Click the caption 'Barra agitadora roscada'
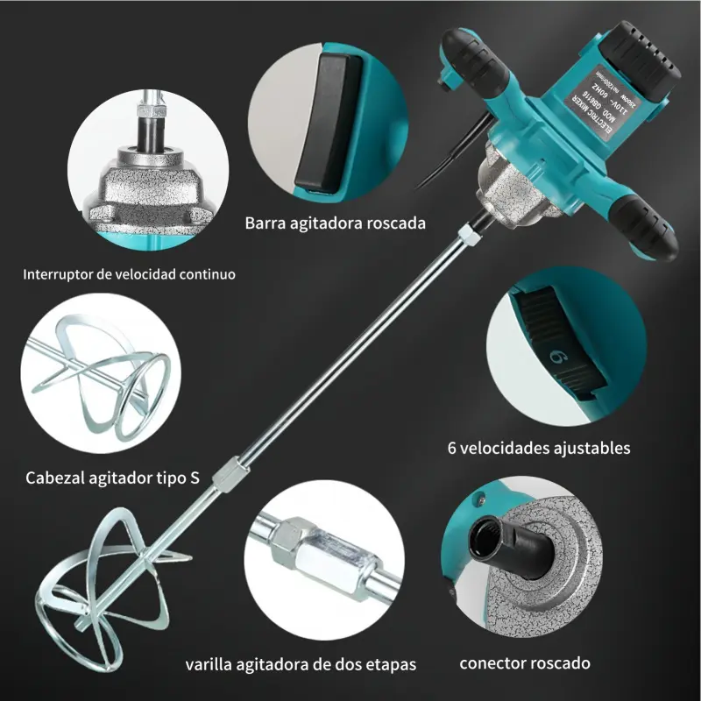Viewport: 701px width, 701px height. (x=336, y=223)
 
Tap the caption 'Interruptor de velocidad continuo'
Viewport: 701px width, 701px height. (x=129, y=274)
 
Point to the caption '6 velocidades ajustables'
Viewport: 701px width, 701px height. (x=539, y=448)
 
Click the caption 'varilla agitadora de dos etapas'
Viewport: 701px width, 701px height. (x=301, y=662)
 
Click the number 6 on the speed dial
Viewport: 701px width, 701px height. (x=555, y=357)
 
